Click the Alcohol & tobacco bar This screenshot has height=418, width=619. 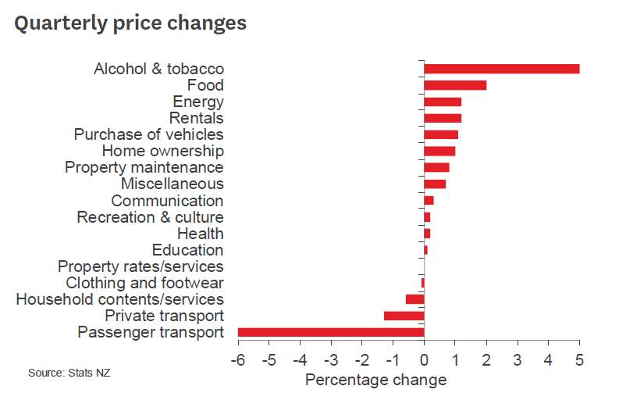(x=501, y=69)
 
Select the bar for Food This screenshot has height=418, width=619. (x=455, y=85)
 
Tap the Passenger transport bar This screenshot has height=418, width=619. (x=331, y=332)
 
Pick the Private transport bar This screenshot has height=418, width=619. (x=404, y=316)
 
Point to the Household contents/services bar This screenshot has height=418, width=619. (x=414, y=299)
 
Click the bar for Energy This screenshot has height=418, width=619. (x=443, y=102)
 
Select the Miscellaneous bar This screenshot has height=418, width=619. (x=435, y=184)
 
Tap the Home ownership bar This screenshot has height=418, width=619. (x=439, y=151)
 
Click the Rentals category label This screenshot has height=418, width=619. (x=197, y=118)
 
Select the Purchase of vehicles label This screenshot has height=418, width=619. (x=148, y=134)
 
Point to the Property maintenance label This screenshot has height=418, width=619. (x=144, y=167)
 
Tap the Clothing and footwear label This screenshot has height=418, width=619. (x=144, y=283)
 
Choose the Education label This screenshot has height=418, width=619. (x=187, y=250)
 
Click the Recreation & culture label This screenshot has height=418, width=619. (x=150, y=217)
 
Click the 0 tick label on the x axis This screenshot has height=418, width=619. (x=424, y=361)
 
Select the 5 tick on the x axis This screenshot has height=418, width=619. (x=579, y=361)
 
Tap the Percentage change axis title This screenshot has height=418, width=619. (x=375, y=380)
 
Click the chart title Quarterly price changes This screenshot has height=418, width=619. (x=130, y=23)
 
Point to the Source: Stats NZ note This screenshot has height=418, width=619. (x=69, y=373)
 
